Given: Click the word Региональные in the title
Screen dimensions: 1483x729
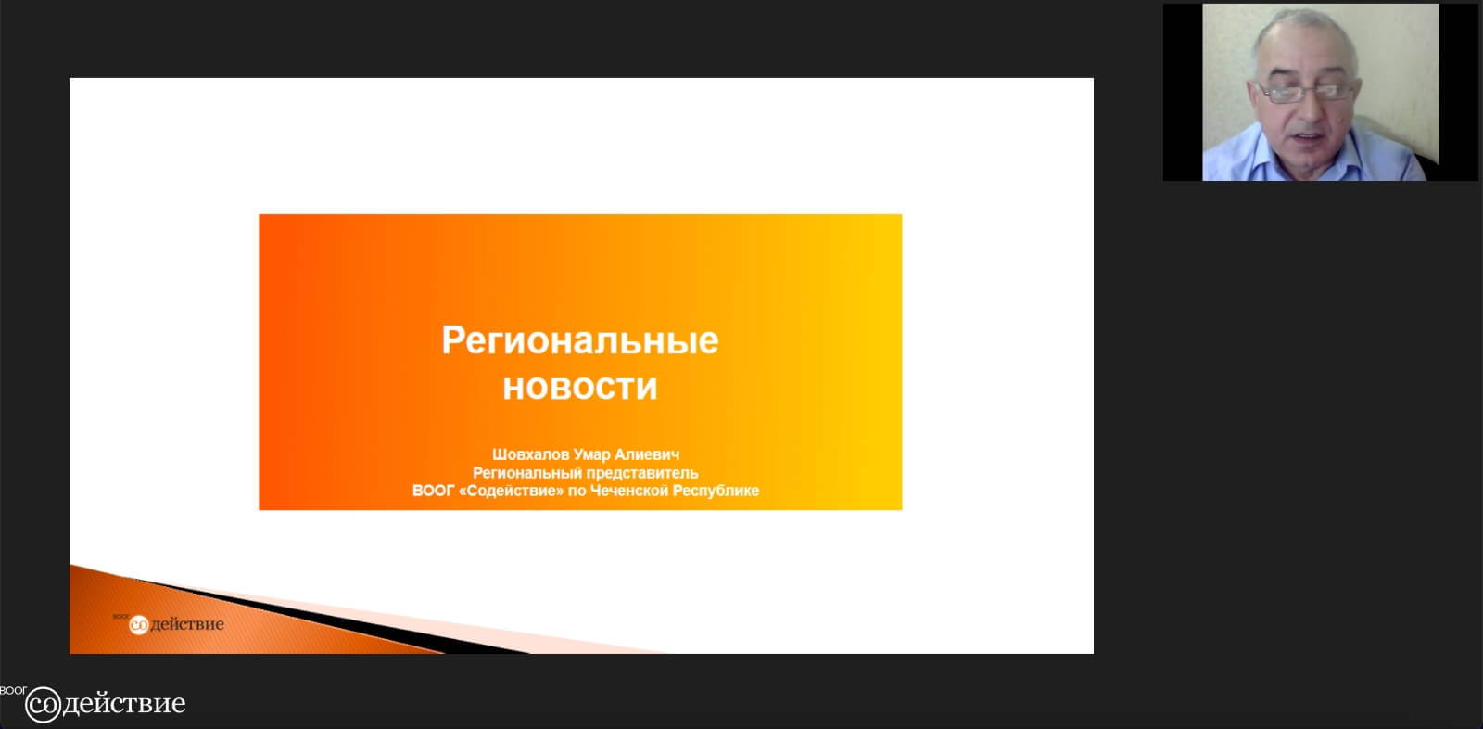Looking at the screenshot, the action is [x=580, y=341].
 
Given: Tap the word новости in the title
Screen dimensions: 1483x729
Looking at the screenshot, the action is [x=580, y=387].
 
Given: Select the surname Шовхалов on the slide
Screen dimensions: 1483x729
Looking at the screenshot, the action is [x=530, y=454].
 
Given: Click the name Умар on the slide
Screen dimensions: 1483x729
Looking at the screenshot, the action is [x=591, y=454].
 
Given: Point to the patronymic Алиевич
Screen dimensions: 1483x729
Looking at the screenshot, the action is [x=647, y=454].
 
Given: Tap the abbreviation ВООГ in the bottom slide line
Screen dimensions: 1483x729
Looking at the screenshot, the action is [x=433, y=491].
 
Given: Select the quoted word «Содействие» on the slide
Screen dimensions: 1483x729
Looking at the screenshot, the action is [x=511, y=491].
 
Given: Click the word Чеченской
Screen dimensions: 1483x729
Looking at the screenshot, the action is [x=629, y=491].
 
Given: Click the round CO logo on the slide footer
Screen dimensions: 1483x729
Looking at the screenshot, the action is [x=138, y=624].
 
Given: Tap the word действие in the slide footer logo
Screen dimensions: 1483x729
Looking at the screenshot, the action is [x=187, y=624].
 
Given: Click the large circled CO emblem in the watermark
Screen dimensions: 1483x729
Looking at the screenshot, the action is [x=43, y=705].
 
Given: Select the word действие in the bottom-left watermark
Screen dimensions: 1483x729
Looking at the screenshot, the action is [x=124, y=704].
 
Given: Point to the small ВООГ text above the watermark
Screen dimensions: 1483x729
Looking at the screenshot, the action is [x=13, y=691].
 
